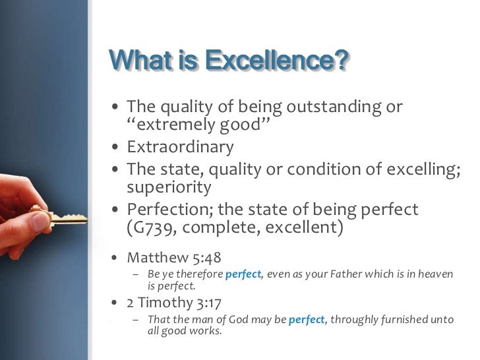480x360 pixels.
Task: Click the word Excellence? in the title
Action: tap(276, 61)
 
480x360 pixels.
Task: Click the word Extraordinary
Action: tap(179, 146)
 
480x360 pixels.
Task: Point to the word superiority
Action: tap(169, 187)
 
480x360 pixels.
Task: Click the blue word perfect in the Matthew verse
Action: tap(243, 274)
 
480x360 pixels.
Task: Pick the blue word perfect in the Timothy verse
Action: tap(307, 320)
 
